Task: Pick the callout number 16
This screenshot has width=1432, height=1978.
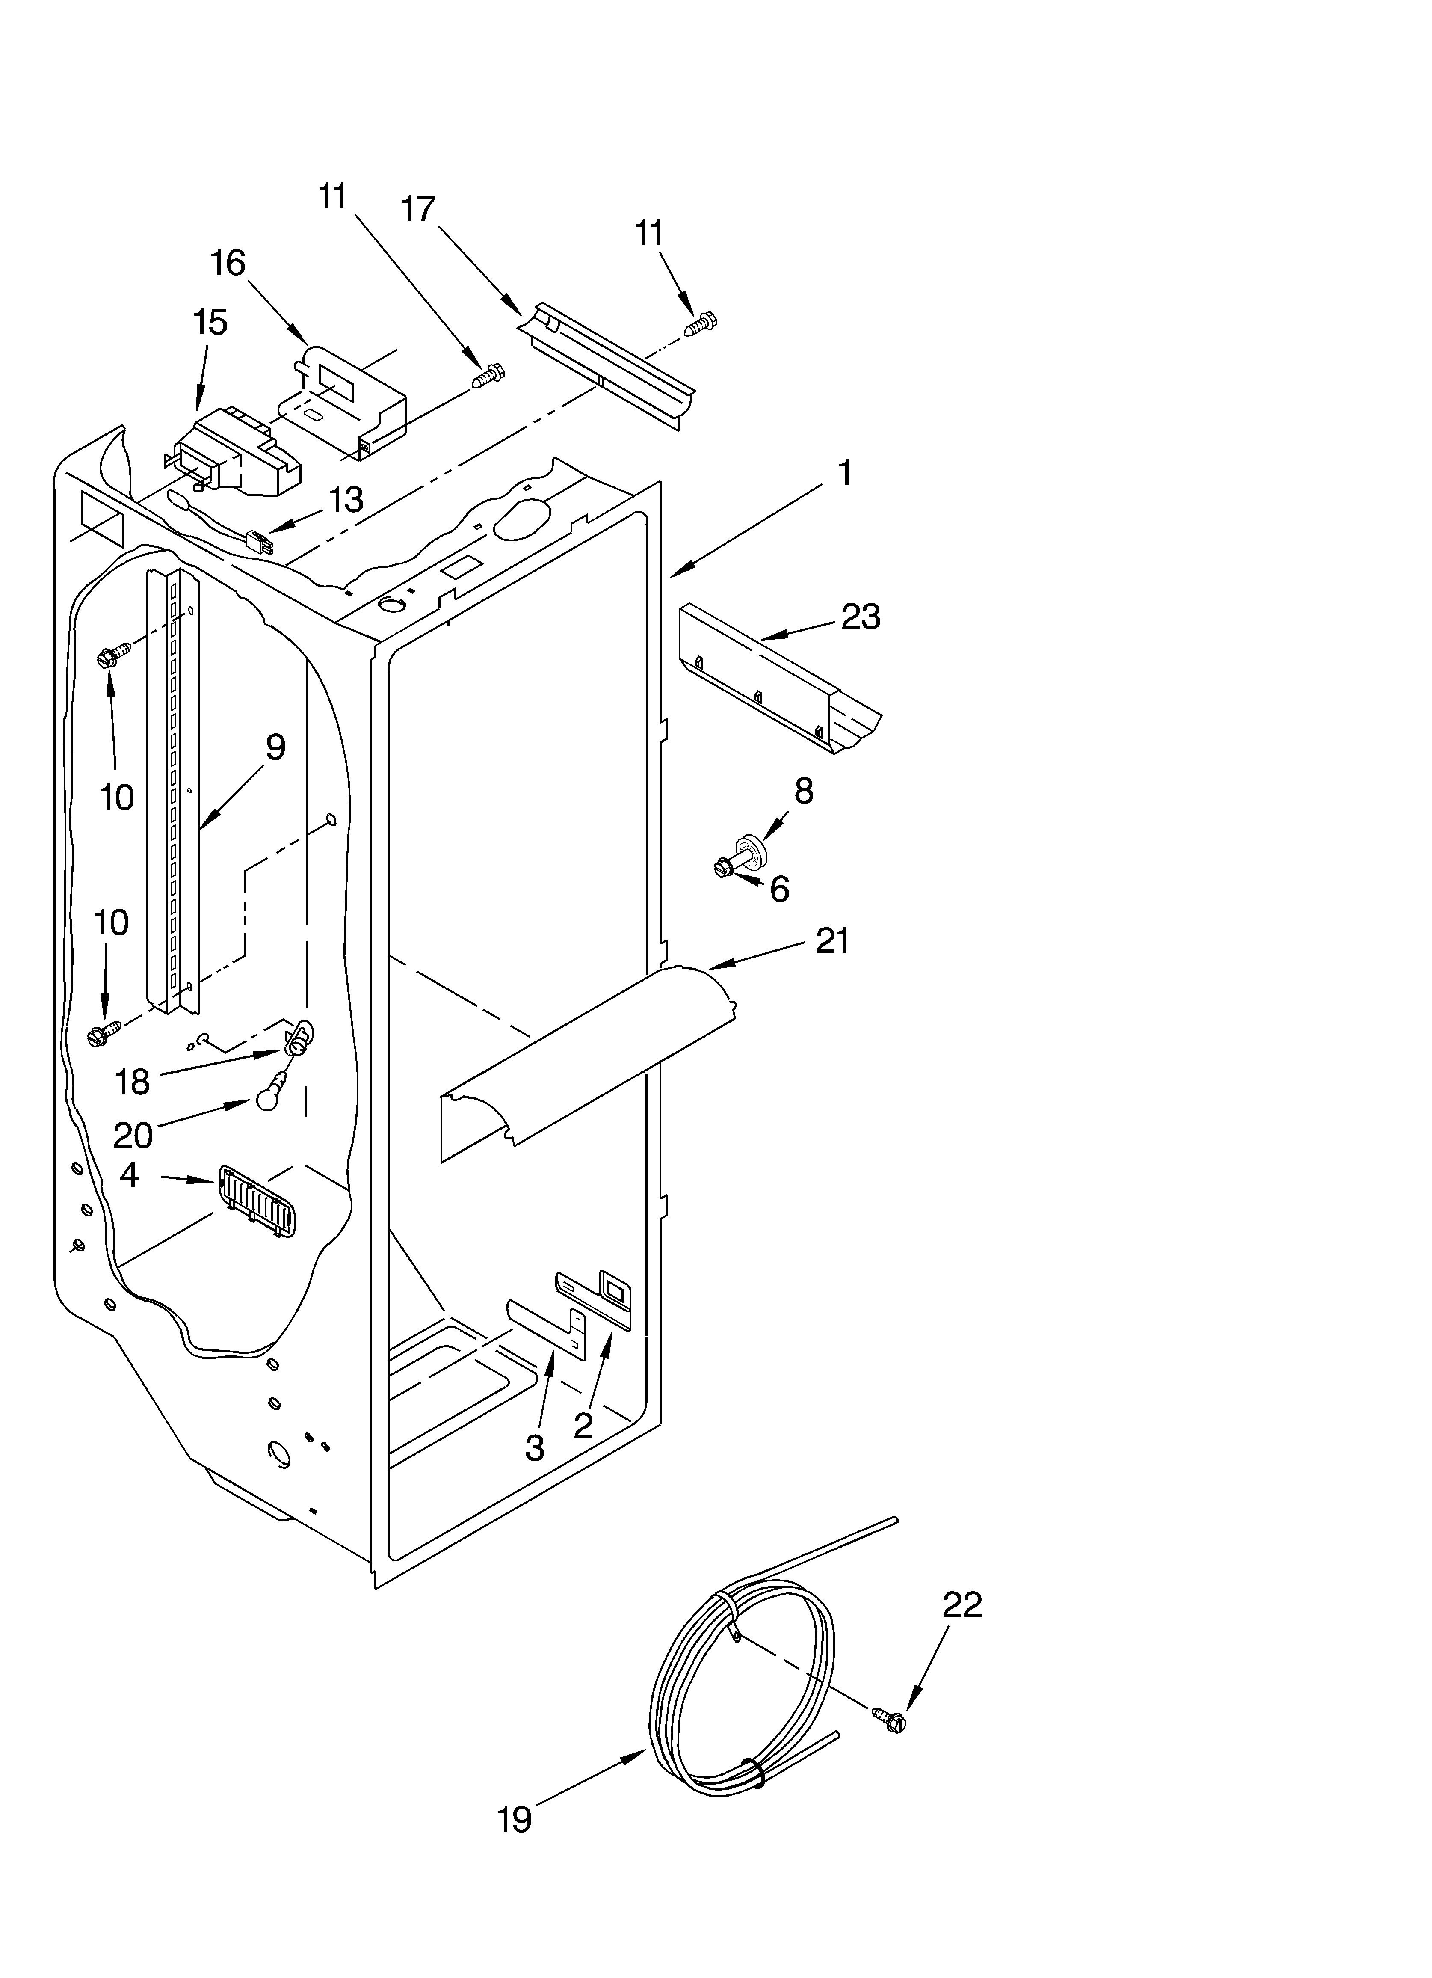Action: coord(228,263)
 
